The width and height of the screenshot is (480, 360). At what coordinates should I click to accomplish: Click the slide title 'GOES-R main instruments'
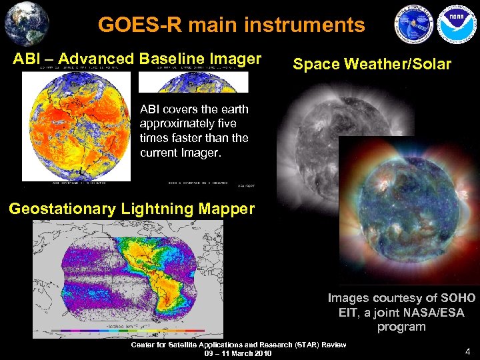tap(231, 25)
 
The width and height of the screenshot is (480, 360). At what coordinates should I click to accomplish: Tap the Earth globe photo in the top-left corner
tap(26, 23)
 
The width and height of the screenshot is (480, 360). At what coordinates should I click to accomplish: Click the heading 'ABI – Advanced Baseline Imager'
tap(137, 59)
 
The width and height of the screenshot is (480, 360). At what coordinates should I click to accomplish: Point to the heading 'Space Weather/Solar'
tap(372, 65)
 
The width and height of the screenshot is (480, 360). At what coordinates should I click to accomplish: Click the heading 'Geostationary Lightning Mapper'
tap(132, 209)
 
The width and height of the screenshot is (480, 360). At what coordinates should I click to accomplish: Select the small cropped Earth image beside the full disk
tap(193, 82)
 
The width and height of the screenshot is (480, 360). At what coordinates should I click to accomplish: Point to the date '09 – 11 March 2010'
tap(238, 353)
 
